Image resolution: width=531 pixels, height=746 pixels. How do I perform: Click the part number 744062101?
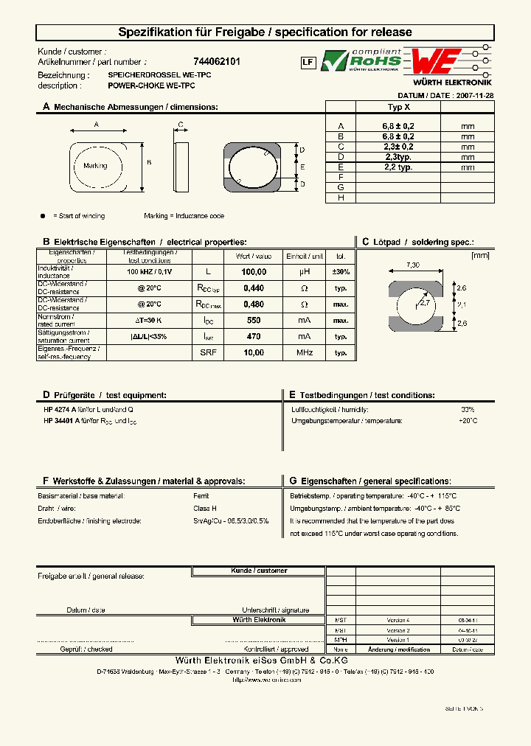click(x=216, y=63)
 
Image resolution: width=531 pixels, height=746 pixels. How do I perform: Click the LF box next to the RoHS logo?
click(x=308, y=63)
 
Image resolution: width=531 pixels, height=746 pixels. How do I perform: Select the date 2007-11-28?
click(x=475, y=96)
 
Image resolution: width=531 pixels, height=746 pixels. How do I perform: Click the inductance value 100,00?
click(x=254, y=272)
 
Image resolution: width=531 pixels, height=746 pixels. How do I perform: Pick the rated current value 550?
click(x=254, y=321)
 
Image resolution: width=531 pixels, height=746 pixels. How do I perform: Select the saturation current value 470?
click(x=254, y=337)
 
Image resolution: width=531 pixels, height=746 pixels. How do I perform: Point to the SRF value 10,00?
click(x=254, y=353)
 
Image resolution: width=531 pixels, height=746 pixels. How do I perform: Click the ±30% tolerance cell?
click(x=341, y=272)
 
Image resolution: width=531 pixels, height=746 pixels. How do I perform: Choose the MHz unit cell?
click(x=305, y=353)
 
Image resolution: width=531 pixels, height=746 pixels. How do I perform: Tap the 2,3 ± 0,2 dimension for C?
click(x=398, y=147)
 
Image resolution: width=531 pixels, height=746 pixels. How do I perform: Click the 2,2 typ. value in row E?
click(x=398, y=167)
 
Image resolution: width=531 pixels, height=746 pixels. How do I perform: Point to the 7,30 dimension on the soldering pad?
click(x=413, y=265)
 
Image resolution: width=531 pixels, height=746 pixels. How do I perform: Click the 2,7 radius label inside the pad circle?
click(x=425, y=302)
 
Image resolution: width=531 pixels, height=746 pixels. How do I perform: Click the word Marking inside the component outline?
click(x=95, y=166)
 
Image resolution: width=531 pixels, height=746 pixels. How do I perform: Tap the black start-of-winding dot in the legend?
click(x=42, y=216)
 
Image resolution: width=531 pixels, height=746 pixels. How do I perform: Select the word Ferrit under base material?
click(x=201, y=496)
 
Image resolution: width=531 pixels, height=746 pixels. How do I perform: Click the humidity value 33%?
click(x=468, y=409)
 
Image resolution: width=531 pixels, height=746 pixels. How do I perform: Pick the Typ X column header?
click(x=399, y=107)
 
